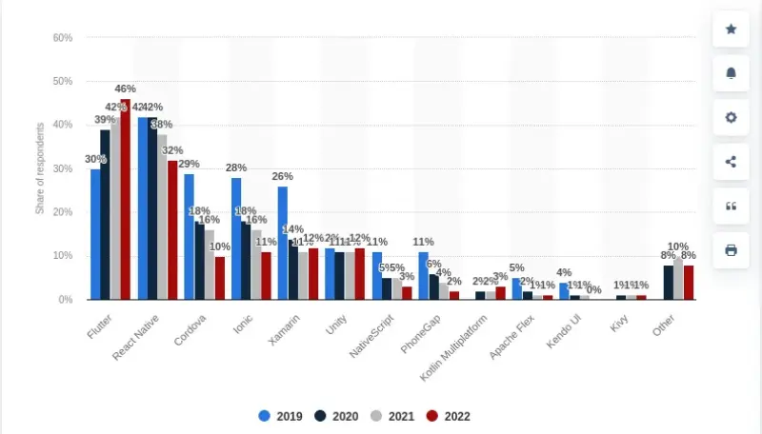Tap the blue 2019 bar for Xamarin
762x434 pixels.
283,243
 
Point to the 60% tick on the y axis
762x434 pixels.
63,38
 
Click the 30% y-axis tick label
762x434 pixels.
63,168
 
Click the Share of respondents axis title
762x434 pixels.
40,168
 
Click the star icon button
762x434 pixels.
731,30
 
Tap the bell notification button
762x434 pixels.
731,73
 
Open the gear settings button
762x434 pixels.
731,117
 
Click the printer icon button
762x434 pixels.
731,250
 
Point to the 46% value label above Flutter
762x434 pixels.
126,89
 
